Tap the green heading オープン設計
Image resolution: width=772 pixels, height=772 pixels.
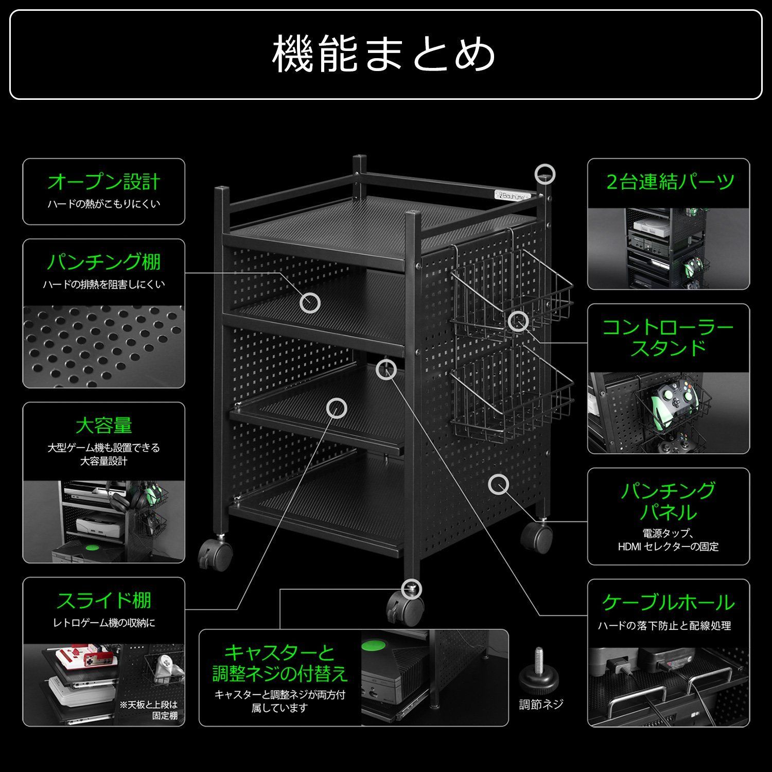click(103, 182)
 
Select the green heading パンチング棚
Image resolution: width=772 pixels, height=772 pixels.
click(103, 262)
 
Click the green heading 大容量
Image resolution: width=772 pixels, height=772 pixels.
click(103, 426)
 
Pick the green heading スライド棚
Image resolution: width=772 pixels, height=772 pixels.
click(103, 600)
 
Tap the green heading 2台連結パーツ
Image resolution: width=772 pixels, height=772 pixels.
click(669, 182)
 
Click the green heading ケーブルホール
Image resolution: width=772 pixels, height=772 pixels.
click(668, 602)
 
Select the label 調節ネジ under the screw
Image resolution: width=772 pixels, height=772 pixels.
click(540, 705)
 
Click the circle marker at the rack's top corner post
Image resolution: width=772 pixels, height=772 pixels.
click(545, 173)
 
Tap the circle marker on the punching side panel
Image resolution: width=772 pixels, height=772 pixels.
click(498, 484)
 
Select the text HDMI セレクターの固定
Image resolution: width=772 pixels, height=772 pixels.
click(668, 547)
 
